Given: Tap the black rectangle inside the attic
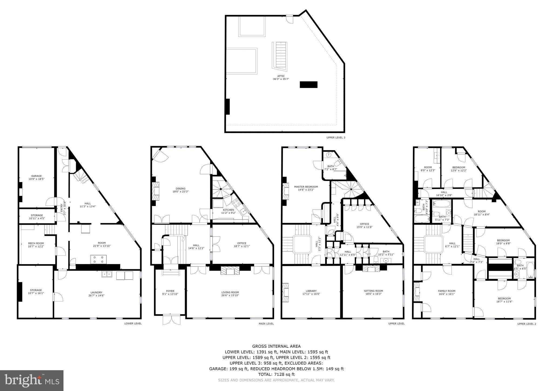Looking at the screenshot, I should [308, 85].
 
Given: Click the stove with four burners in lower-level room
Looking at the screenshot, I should [98, 259].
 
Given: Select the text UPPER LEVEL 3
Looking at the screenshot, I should [336, 137].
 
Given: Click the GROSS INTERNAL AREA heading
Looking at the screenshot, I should [276, 346].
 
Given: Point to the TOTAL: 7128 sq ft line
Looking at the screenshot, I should [276, 374].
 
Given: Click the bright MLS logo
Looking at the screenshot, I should [32, 381].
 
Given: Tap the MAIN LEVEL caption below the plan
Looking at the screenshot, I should [266, 323].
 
